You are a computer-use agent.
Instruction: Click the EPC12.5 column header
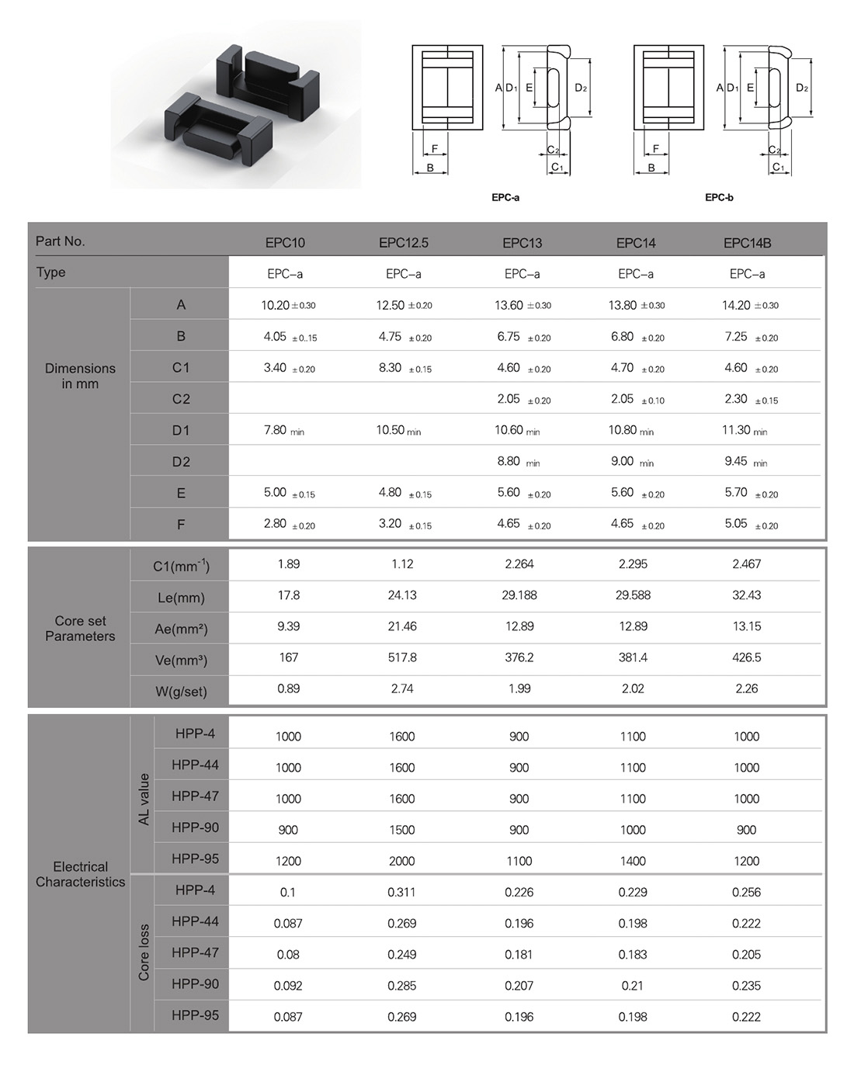tap(404, 243)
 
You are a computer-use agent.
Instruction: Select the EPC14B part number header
tap(747, 243)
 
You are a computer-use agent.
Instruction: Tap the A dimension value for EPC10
tap(288, 305)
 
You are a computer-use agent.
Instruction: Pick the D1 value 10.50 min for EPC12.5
tap(398, 430)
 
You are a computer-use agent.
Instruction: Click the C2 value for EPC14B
tap(751, 399)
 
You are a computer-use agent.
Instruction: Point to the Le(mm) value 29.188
tap(519, 595)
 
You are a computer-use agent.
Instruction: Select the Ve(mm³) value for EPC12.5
tap(402, 657)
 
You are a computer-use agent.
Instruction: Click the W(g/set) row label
tap(181, 691)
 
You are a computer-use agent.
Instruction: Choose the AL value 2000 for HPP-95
tap(402, 861)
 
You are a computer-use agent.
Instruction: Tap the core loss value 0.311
tap(401, 892)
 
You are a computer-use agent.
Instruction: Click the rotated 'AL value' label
tap(144, 799)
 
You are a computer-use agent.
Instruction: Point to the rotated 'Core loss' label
tap(144, 952)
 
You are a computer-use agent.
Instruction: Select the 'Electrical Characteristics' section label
tap(80, 874)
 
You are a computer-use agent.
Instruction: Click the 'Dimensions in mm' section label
tap(80, 376)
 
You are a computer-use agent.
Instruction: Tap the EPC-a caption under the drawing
tap(505, 197)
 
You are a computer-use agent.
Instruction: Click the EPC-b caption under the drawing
tap(719, 197)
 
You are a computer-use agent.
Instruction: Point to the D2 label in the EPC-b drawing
tap(802, 88)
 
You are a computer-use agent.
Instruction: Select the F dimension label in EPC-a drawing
tap(435, 149)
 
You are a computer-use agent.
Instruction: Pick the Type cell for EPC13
tap(522, 274)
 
